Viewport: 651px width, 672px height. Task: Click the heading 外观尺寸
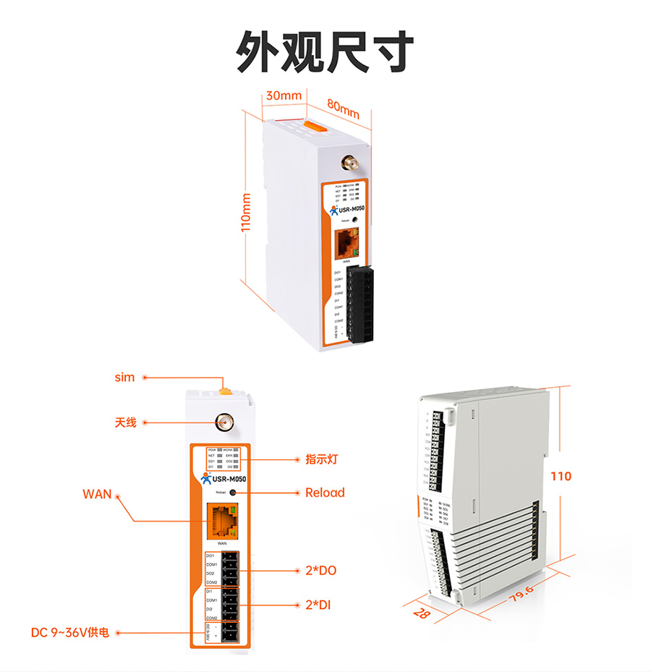pyautogui.click(x=325, y=52)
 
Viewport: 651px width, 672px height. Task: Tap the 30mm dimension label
pyautogui.click(x=284, y=95)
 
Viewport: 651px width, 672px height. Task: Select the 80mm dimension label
pyautogui.click(x=343, y=109)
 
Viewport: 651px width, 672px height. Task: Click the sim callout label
pyautogui.click(x=124, y=378)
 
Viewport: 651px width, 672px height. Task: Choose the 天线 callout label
pyautogui.click(x=125, y=422)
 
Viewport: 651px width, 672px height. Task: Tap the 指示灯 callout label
pyautogui.click(x=322, y=459)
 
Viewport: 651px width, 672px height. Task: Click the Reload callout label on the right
pyautogui.click(x=325, y=493)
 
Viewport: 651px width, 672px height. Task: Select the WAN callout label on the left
pyautogui.click(x=97, y=494)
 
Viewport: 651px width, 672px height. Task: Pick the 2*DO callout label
pyautogui.click(x=320, y=571)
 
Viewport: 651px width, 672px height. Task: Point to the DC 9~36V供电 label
pyautogui.click(x=70, y=632)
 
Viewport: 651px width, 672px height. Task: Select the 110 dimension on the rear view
pyautogui.click(x=561, y=476)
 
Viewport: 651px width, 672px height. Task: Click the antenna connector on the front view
pyautogui.click(x=223, y=422)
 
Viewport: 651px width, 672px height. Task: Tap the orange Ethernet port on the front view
pyautogui.click(x=222, y=521)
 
